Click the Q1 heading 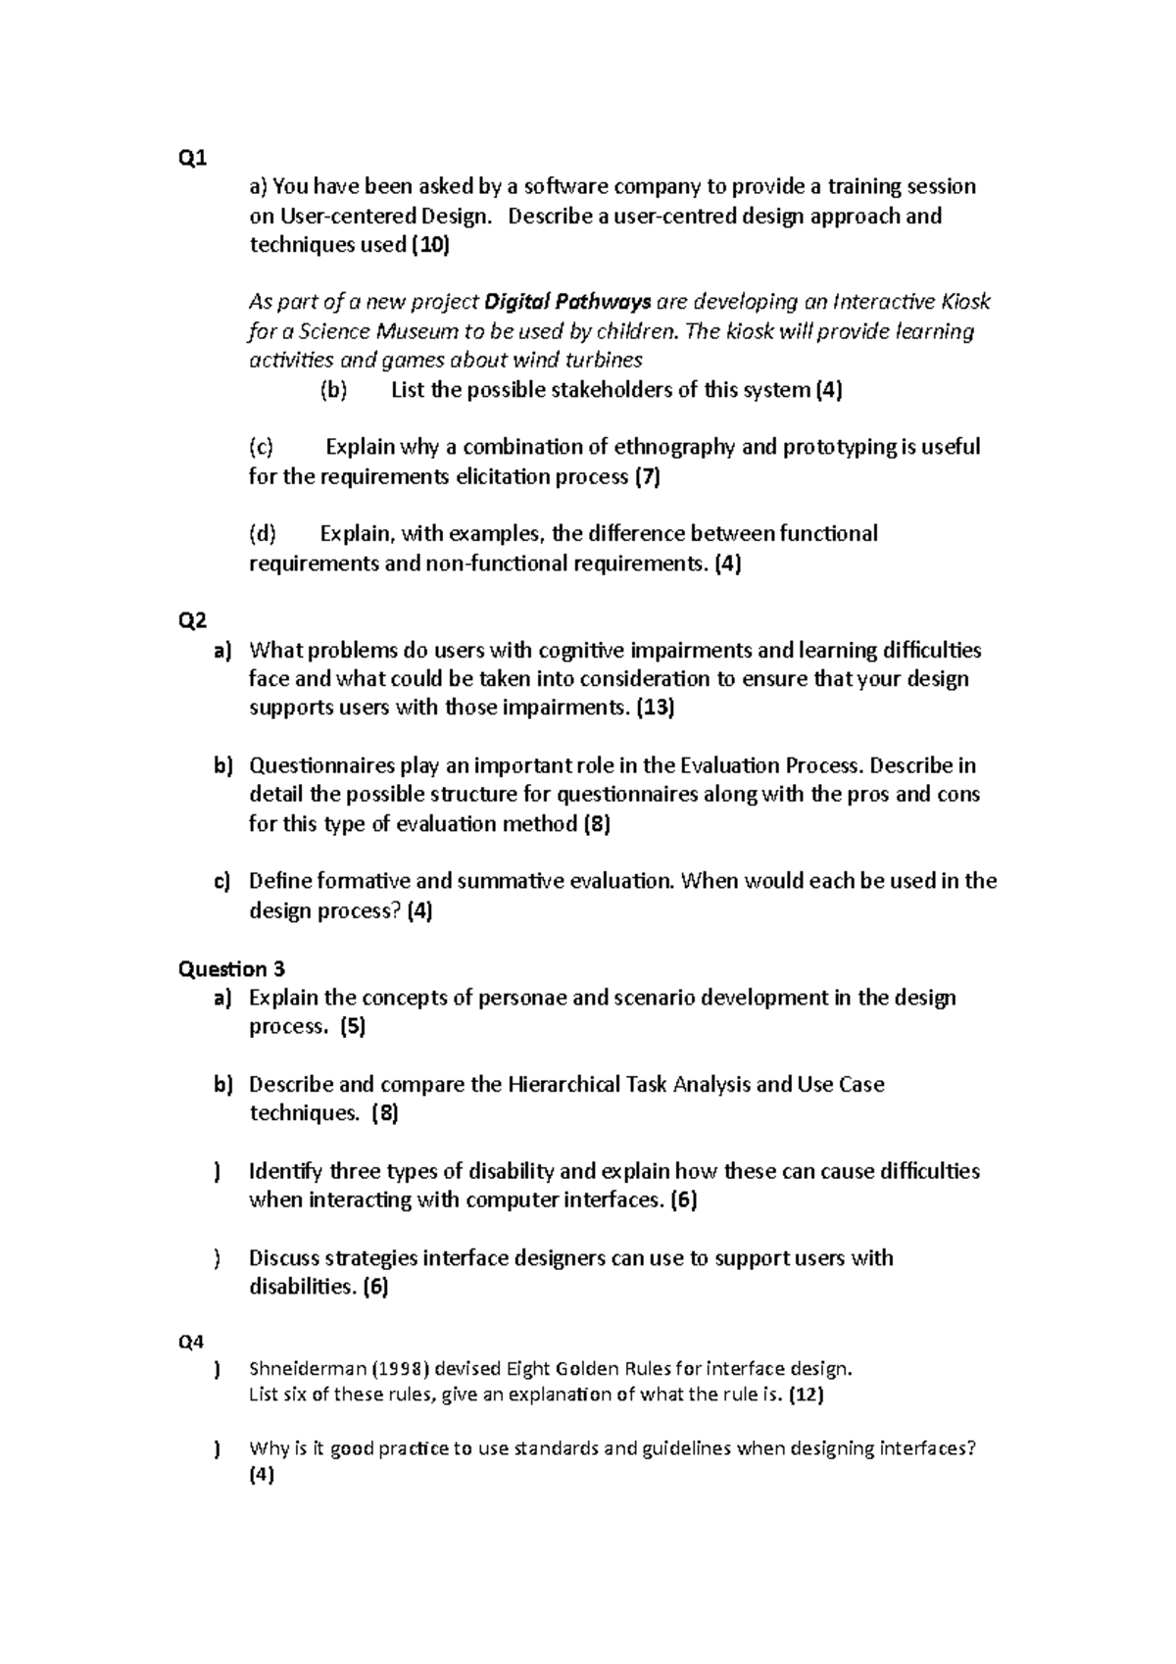[192, 158]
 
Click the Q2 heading [192, 620]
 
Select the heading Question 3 [231, 969]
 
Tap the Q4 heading [192, 1343]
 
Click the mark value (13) [656, 708]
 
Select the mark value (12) [807, 1395]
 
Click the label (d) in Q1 [263, 534]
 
